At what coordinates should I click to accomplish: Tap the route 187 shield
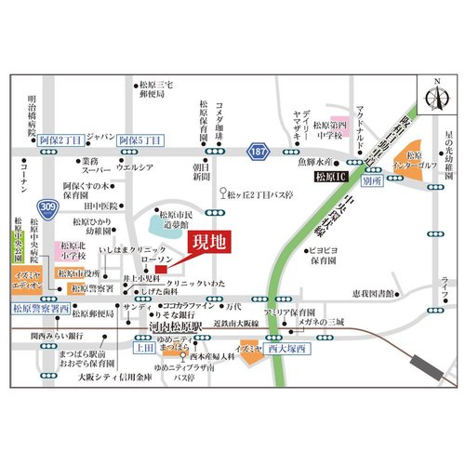258,150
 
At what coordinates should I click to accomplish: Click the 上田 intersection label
144,348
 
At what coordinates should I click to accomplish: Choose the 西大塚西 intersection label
283,348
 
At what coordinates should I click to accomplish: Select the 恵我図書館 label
372,292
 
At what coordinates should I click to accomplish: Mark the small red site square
160,271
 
